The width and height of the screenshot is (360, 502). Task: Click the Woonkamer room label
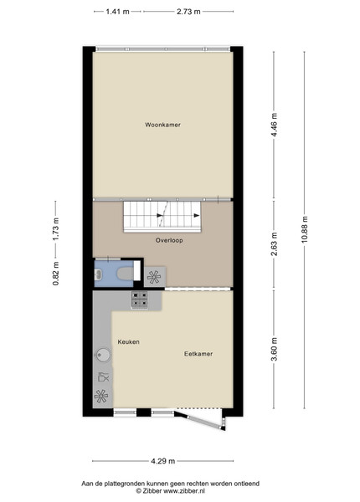click(x=162, y=125)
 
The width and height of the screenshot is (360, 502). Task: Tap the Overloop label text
click(x=169, y=240)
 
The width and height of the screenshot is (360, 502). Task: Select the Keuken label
click(x=128, y=342)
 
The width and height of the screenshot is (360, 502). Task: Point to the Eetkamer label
click(x=198, y=354)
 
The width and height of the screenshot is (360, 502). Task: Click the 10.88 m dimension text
click(x=305, y=230)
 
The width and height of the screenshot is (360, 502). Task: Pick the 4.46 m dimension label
click(x=274, y=125)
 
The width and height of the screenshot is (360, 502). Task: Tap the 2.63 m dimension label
click(x=274, y=244)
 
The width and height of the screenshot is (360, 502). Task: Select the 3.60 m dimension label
click(x=274, y=349)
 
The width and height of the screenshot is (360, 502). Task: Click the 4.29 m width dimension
click(x=163, y=461)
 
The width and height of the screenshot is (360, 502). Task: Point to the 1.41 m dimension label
click(x=117, y=12)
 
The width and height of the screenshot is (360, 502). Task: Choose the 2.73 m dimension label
click(x=188, y=12)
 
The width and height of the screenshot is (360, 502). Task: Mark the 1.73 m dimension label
click(x=56, y=229)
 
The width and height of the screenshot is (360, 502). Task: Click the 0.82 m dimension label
click(x=56, y=274)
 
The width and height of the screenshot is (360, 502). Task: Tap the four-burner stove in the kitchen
click(x=140, y=300)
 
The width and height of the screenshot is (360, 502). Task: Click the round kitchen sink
click(x=103, y=356)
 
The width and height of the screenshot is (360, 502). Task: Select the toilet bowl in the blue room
click(x=125, y=274)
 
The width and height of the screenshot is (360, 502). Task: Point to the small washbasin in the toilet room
click(x=98, y=274)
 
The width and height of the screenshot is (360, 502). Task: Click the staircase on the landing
click(x=162, y=217)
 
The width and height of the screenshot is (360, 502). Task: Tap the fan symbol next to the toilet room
click(x=154, y=277)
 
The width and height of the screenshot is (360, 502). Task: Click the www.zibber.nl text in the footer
click(x=184, y=490)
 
